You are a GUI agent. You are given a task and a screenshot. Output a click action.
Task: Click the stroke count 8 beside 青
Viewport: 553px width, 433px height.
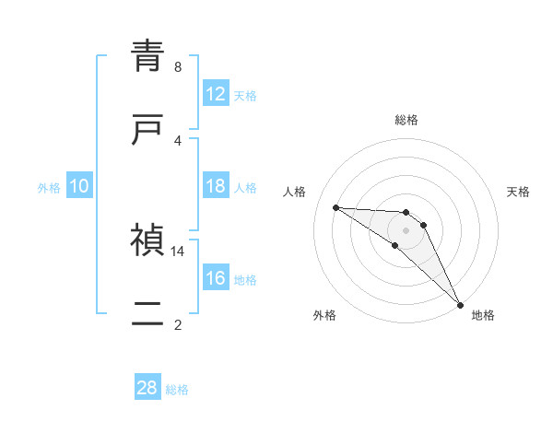click(x=178, y=66)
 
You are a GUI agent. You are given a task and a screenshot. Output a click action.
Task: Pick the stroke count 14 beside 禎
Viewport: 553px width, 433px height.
click(x=178, y=251)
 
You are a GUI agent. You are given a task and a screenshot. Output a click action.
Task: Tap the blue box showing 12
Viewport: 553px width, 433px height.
click(x=216, y=94)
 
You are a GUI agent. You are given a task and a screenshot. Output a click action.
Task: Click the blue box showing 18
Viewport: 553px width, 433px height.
click(x=216, y=186)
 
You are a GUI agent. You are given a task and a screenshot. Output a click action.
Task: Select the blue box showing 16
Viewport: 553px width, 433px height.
click(x=216, y=278)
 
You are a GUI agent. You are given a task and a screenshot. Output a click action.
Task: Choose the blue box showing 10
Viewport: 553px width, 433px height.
click(x=79, y=186)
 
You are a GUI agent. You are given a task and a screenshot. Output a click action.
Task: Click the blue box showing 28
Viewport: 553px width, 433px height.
click(x=147, y=388)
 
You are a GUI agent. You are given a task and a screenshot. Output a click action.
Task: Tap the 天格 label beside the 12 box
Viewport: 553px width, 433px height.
click(x=245, y=95)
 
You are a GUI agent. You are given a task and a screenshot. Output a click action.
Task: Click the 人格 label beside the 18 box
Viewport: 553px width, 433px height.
click(x=245, y=187)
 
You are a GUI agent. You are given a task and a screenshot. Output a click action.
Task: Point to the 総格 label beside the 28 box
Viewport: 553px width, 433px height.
click(x=177, y=389)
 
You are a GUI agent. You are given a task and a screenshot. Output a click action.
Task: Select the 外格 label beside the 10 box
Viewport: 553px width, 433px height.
click(x=49, y=187)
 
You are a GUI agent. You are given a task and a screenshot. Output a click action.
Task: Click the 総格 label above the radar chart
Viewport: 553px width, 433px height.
click(x=406, y=120)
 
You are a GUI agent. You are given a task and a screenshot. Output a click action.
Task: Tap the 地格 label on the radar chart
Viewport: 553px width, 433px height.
click(x=483, y=315)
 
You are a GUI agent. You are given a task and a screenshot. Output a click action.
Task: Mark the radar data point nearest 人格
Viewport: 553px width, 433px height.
click(x=335, y=207)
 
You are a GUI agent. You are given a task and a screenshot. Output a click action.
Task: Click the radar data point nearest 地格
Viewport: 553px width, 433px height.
click(x=460, y=305)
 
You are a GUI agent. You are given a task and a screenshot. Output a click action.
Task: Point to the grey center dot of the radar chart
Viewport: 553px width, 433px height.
click(x=406, y=230)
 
